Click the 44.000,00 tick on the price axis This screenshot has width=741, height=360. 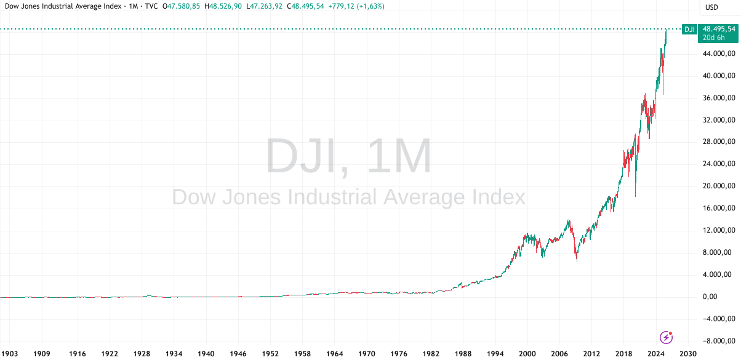point(719,54)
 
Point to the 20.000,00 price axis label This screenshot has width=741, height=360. point(719,186)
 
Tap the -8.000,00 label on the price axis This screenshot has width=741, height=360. point(719,340)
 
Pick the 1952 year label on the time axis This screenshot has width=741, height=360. point(270,354)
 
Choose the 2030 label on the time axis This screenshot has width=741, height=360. point(688,354)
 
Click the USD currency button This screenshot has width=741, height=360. point(712,7)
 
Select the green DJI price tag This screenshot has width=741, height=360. point(690,29)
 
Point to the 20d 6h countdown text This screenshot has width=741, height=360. point(716,38)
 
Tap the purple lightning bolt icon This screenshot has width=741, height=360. point(666,337)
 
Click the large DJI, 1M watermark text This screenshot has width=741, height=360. point(349,158)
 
